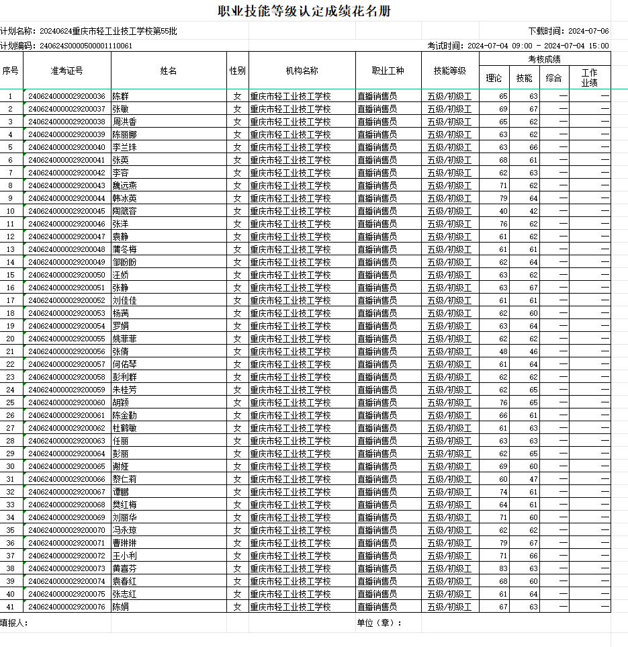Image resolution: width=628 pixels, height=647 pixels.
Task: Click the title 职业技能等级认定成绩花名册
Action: [x=304, y=11]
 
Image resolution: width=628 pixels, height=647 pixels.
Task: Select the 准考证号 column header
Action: [x=66, y=71]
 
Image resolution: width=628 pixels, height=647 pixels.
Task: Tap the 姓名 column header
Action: [x=169, y=71]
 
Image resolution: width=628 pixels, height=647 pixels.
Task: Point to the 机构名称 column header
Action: [x=302, y=71]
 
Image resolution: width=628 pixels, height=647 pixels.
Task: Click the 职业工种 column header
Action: [x=388, y=71]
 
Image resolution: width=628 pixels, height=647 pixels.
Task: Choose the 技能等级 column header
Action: [x=450, y=71]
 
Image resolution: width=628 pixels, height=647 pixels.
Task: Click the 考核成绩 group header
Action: [x=544, y=59]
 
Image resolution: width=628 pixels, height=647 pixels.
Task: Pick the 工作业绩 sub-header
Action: [x=589, y=78]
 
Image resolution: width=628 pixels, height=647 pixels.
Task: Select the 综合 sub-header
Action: [x=553, y=78]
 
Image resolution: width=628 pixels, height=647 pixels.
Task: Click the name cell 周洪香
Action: [x=125, y=122]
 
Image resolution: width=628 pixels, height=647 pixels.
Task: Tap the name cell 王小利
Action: [x=125, y=556]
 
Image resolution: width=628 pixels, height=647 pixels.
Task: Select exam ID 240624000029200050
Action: [x=66, y=275]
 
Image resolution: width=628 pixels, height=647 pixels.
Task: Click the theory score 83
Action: [x=503, y=568]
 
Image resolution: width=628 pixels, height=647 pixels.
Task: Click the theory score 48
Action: [x=503, y=351]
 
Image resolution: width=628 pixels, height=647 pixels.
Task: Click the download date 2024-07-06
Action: [x=588, y=31]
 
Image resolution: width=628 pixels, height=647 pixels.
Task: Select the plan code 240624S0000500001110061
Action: [x=86, y=46]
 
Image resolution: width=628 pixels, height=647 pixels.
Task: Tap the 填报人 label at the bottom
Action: [x=13, y=623]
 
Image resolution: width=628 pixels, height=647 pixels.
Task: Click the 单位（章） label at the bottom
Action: [x=379, y=623]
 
